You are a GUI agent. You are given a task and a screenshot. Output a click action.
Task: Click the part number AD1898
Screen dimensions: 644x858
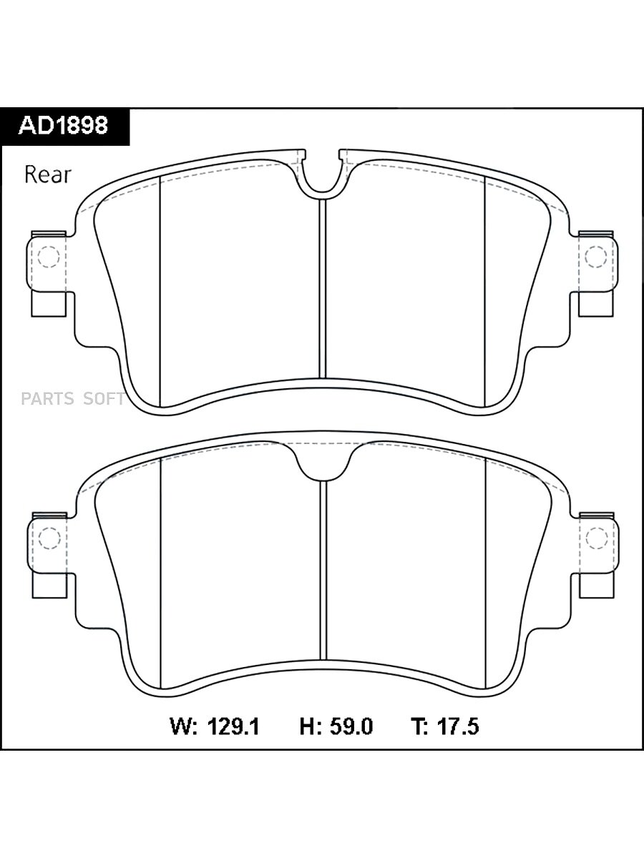(63, 125)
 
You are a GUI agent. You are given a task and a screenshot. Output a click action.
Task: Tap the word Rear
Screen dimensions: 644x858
(48, 174)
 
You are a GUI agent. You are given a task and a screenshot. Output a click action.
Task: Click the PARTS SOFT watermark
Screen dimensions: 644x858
(73, 398)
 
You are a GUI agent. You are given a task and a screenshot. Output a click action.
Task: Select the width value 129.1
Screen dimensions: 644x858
(233, 726)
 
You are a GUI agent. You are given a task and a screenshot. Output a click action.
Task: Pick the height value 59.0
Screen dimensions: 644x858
(351, 726)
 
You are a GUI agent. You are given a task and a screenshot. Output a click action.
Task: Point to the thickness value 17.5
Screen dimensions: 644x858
(458, 726)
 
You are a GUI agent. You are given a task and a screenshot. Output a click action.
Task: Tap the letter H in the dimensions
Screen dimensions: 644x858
(308, 726)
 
